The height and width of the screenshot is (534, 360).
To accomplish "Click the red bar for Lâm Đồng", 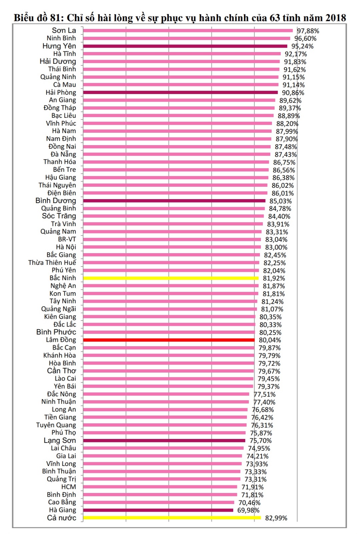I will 169,340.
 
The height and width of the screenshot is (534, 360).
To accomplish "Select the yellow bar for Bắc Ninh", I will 171,278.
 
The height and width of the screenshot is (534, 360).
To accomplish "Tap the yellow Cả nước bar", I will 172,518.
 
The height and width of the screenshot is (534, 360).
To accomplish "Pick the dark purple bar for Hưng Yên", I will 185,46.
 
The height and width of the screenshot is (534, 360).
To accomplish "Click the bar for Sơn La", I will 188,31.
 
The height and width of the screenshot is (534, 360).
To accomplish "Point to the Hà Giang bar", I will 158,510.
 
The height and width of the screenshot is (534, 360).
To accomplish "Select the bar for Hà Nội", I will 172,247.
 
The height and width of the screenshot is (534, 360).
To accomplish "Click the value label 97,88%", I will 308,31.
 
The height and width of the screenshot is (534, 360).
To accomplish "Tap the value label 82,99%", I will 276,518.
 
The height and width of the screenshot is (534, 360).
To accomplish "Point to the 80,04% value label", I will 270,340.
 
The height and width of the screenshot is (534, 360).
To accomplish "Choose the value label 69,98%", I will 248,510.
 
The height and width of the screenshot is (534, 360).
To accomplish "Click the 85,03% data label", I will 281,201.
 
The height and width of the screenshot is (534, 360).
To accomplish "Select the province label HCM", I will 68,487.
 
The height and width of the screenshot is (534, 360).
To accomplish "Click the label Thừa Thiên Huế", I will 52,262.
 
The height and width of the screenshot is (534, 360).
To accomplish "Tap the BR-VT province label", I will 67,239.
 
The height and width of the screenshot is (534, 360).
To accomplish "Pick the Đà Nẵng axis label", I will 63,154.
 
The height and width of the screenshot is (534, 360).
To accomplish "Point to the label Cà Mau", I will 65,85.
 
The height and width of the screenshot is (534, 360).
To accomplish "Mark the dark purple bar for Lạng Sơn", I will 164,440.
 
